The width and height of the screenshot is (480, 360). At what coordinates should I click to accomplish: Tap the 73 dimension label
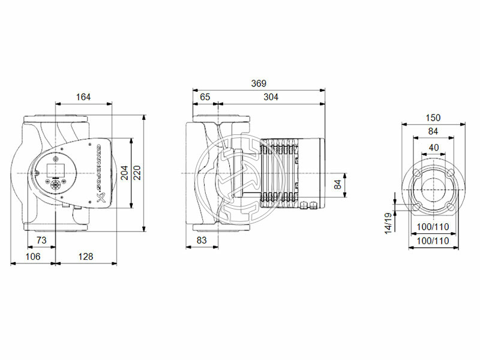(x=41, y=240)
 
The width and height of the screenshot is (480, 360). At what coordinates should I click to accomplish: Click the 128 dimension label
(x=86, y=257)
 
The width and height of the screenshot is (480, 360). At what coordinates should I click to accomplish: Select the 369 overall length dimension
(x=258, y=83)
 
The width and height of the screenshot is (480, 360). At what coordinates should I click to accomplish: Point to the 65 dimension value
(x=205, y=97)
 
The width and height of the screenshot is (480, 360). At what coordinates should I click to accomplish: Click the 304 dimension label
(x=270, y=97)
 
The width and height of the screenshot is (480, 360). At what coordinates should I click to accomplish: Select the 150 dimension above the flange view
(x=433, y=118)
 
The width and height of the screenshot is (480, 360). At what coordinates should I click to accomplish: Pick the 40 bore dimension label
(x=433, y=148)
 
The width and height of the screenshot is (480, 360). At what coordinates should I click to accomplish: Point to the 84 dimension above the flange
(x=433, y=132)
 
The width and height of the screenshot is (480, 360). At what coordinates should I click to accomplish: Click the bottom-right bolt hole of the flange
(x=450, y=208)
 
